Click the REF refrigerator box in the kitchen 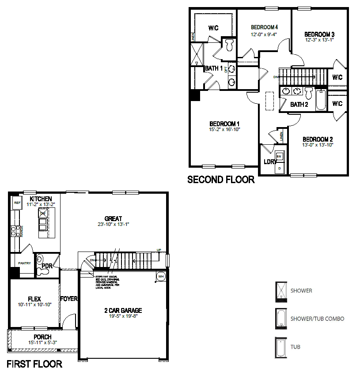(x=17, y=203)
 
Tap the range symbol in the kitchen (x=14, y=231)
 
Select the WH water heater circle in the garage (x=160, y=277)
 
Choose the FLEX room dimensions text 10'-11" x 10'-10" (x=34, y=305)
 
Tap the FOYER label (x=69, y=299)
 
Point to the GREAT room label (x=114, y=218)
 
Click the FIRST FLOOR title (x=34, y=364)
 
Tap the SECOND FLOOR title (x=221, y=180)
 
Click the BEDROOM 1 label (x=224, y=124)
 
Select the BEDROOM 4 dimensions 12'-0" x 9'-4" (x=264, y=34)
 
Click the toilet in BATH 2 (x=309, y=93)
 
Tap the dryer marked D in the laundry (x=279, y=168)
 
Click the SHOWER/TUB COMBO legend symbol (x=280, y=319)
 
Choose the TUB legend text (x=296, y=347)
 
